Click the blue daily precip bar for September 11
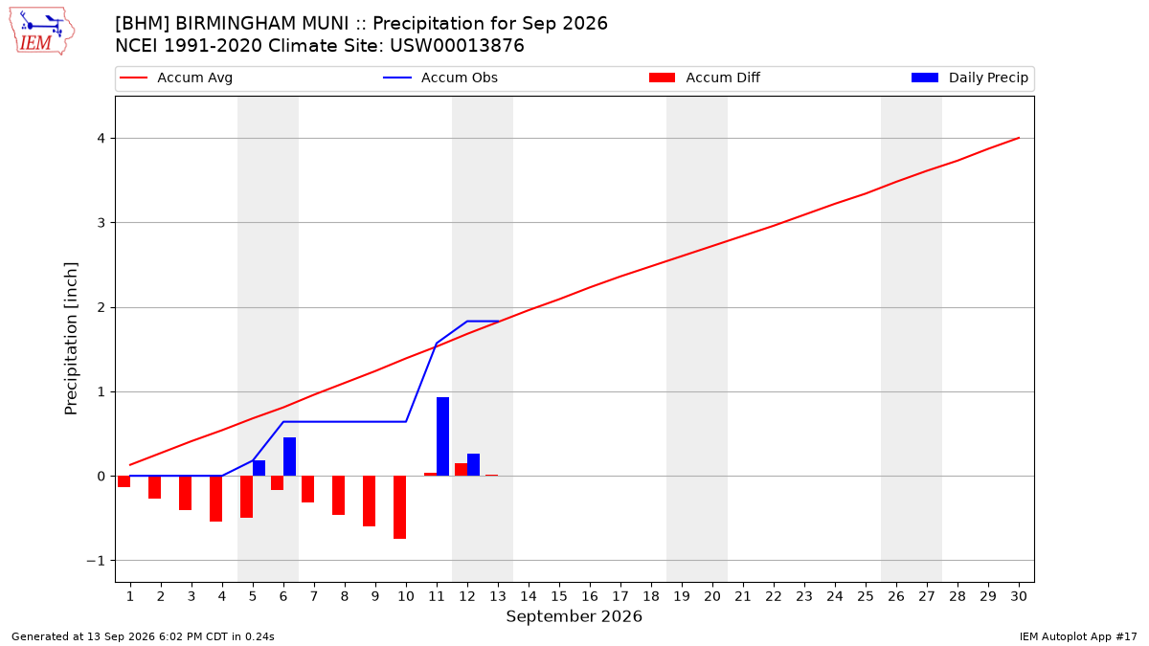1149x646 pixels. (x=442, y=436)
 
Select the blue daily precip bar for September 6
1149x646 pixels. (x=289, y=457)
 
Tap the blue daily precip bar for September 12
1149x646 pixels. (x=473, y=464)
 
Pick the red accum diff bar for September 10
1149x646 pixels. (x=399, y=507)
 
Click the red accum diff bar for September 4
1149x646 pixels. (x=216, y=499)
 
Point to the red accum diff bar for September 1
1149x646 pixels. (x=124, y=481)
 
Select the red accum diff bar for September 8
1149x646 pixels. (x=339, y=496)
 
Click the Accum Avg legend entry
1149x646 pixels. (x=176, y=78)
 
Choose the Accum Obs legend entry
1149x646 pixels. (x=440, y=78)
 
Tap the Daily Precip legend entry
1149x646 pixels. (x=969, y=78)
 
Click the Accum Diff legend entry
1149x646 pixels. (x=705, y=78)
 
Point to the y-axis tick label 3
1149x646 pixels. (x=101, y=223)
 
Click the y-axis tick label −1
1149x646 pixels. (x=96, y=561)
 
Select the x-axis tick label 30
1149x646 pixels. (x=1019, y=596)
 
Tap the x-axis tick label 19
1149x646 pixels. (x=682, y=596)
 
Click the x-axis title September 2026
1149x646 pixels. (x=574, y=616)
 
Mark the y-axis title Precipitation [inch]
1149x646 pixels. (x=71, y=339)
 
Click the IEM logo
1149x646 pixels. (x=41, y=33)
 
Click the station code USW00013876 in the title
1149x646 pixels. (x=457, y=46)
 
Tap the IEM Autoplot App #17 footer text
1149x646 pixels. (x=1078, y=636)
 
